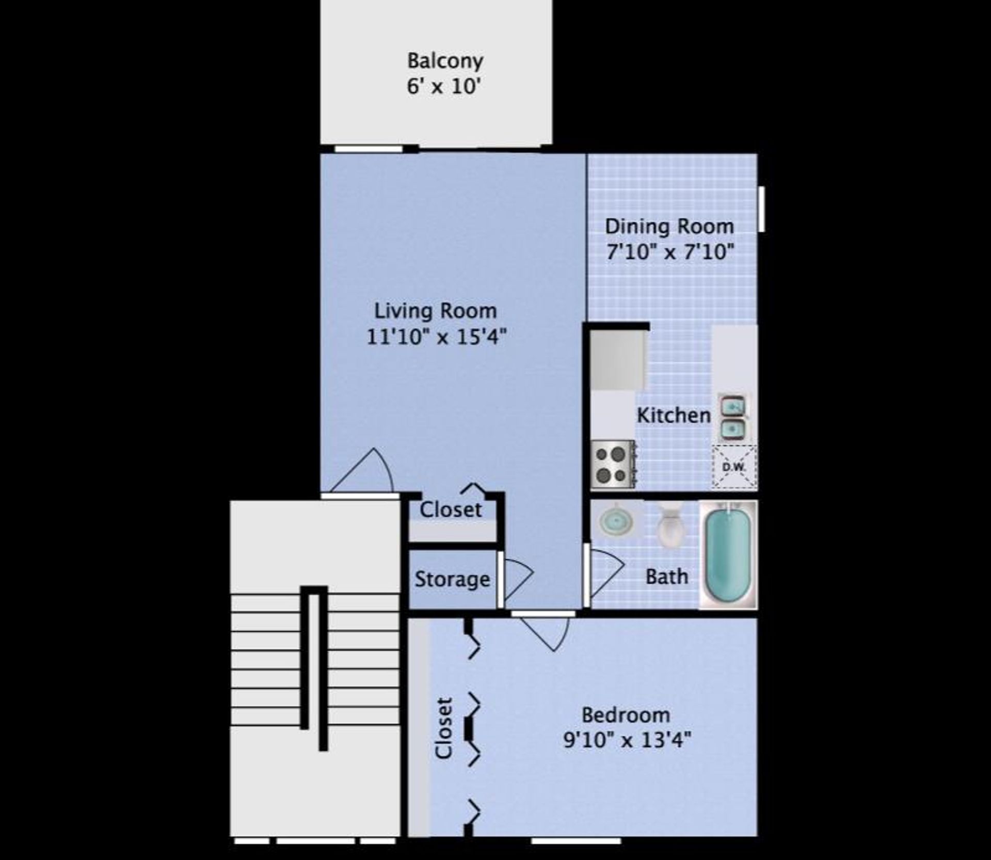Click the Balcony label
point(445,61)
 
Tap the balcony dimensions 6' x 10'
point(444,86)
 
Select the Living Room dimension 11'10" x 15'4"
point(436,337)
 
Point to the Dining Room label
point(669,227)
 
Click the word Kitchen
point(674,416)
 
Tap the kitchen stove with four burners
point(612,464)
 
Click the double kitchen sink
point(732,418)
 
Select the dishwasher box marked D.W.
point(734,467)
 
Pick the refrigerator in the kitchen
point(618,360)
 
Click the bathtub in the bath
point(728,554)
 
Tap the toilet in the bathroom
point(670,525)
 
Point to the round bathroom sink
point(616,521)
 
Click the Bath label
point(667,577)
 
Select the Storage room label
point(452,579)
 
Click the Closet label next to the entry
point(451,510)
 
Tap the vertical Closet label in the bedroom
point(443,728)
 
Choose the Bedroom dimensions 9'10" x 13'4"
point(627,740)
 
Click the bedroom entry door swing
point(547,632)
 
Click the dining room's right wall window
point(761,209)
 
